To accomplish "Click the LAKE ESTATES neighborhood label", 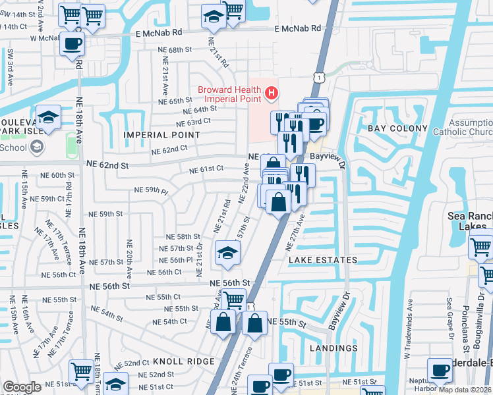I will coord(323,260).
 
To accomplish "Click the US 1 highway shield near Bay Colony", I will coord(318,78).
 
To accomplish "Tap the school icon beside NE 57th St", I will coord(227,252).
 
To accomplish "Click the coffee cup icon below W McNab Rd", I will coord(72,45).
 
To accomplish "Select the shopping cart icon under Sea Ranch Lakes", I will coord(480,248).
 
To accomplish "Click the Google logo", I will coord(22,387).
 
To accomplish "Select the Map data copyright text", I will coord(464,390).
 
